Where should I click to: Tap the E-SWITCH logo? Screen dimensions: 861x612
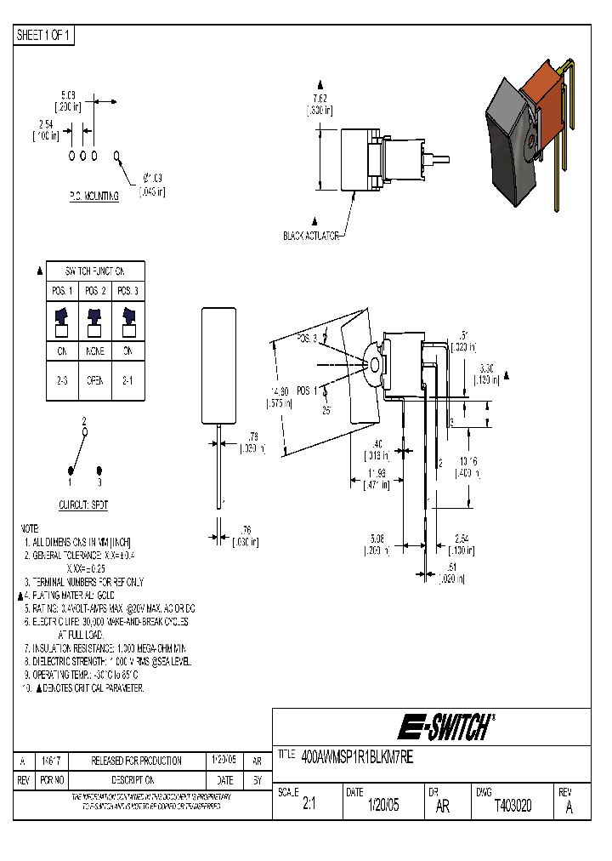click(x=445, y=727)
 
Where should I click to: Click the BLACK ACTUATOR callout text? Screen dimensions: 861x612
click(x=311, y=236)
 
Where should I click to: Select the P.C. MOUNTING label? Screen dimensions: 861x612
click(x=93, y=196)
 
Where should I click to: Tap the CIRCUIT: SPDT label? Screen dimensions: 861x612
click(x=83, y=505)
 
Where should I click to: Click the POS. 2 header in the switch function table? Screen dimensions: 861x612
click(x=94, y=291)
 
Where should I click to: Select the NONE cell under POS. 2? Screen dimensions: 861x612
click(x=94, y=350)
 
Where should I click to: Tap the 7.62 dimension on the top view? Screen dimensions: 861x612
click(x=320, y=99)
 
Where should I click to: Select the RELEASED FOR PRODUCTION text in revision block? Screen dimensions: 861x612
click(x=137, y=761)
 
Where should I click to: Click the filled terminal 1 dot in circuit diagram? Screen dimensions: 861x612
click(x=71, y=470)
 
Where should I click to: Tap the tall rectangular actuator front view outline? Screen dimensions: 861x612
click(x=218, y=366)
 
